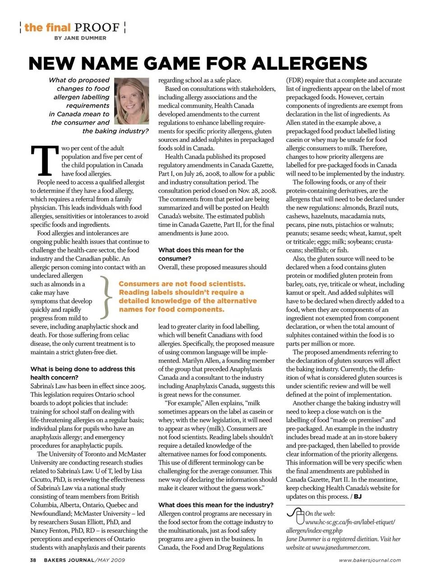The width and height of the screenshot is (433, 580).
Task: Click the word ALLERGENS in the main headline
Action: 309,64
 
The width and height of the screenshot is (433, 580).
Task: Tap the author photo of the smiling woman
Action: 132,101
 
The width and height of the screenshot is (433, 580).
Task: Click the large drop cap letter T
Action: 44,161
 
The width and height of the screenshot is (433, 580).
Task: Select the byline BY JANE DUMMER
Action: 80,38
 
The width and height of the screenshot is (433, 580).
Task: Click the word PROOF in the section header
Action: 97,28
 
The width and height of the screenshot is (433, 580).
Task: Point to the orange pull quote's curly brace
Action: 106,297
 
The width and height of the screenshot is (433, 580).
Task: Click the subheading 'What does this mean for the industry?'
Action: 216,505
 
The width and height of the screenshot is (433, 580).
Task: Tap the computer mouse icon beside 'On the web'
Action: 296,517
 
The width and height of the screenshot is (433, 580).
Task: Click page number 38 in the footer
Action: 33,560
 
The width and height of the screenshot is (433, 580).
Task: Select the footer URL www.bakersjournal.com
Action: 370,560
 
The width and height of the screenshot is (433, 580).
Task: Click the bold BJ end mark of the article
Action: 357,497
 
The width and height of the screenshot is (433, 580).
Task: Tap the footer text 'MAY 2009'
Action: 111,560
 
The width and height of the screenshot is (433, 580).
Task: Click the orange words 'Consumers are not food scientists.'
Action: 182,284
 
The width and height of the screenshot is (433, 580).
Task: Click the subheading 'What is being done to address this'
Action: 83,369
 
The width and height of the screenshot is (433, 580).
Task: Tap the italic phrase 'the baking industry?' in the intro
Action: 115,131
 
